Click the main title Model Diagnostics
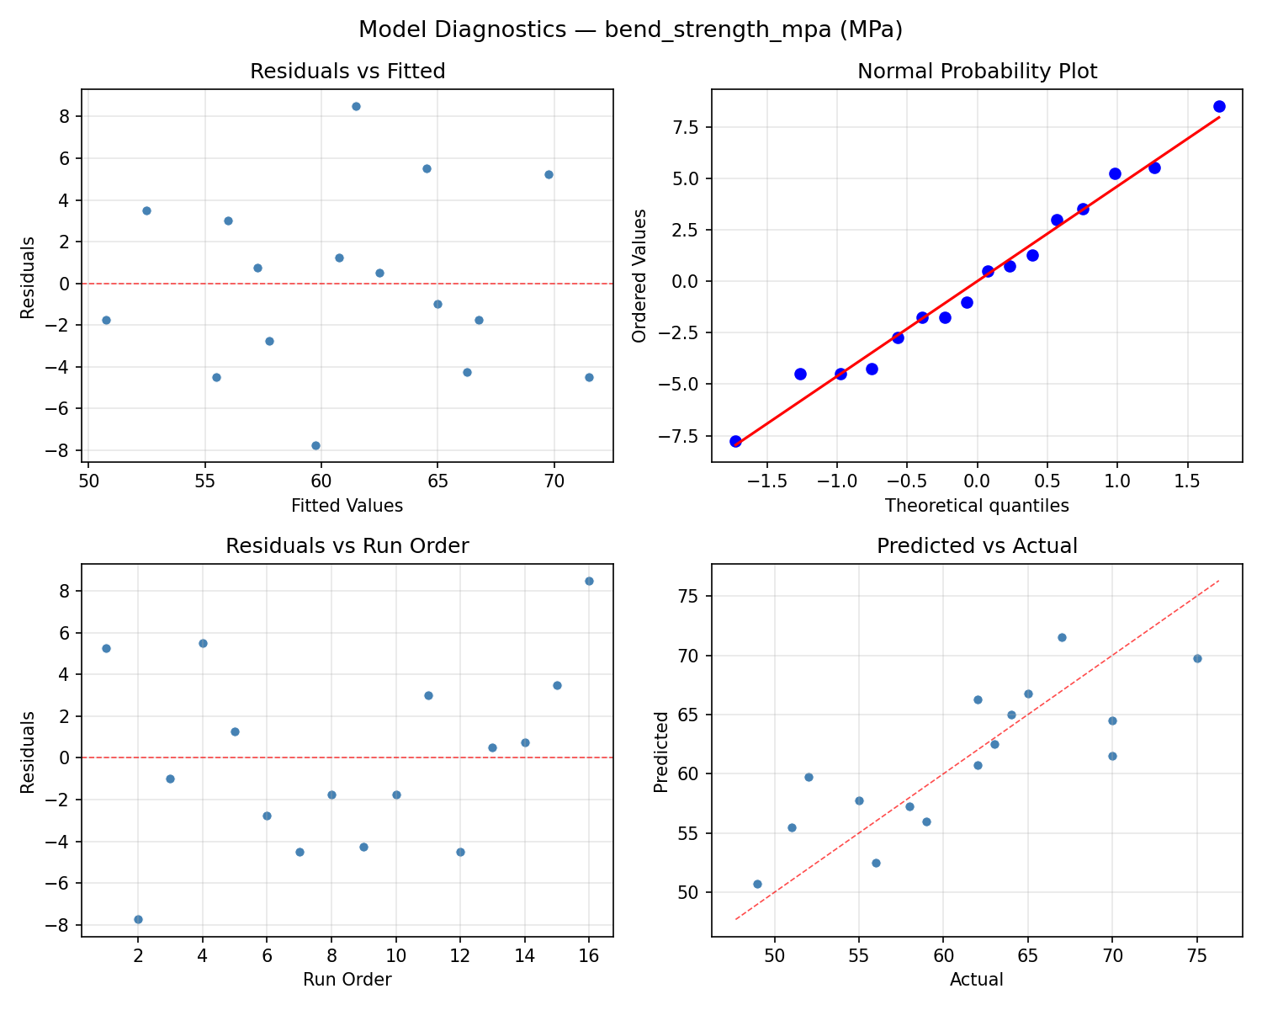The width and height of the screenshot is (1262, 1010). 630,29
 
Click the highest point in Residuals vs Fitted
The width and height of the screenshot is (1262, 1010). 356,106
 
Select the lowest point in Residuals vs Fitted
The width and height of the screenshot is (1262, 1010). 315,445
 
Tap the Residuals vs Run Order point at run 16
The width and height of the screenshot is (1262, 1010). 589,581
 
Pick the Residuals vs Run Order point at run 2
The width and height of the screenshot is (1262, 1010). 138,919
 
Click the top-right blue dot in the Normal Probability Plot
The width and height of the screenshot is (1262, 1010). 1219,106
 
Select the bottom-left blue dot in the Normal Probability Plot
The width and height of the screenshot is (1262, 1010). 735,441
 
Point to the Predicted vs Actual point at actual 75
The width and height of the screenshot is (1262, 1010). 1197,658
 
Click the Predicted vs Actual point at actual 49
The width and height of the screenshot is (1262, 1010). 757,884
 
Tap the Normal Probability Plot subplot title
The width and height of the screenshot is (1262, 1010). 977,72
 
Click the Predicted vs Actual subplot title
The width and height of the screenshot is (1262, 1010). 977,546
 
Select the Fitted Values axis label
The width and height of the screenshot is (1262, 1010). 347,506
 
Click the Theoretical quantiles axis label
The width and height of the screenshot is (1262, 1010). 977,506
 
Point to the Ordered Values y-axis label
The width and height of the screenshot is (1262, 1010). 639,276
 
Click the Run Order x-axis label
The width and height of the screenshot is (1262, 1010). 347,980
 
